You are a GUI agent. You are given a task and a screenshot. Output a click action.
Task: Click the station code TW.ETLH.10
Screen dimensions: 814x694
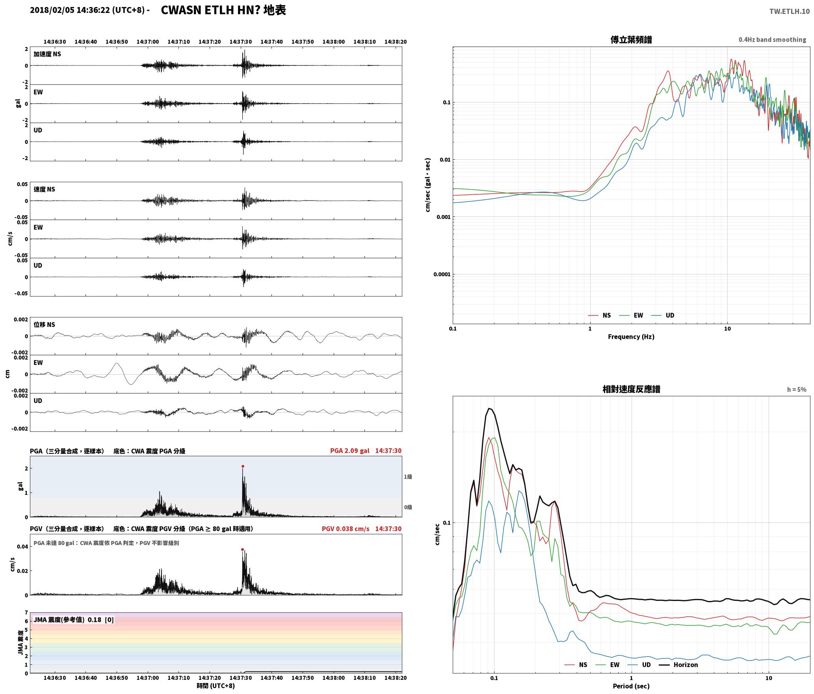pyautogui.click(x=790, y=11)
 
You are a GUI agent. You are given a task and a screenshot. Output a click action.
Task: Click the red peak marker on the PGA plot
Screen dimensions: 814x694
pyautogui.click(x=243, y=466)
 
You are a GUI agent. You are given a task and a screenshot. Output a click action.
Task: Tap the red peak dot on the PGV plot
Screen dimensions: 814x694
pyautogui.click(x=242, y=549)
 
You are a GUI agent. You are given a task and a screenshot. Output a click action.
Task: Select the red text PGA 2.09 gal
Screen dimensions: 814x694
pyautogui.click(x=349, y=451)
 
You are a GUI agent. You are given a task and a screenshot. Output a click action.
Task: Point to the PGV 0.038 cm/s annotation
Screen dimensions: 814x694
pyautogui.click(x=346, y=529)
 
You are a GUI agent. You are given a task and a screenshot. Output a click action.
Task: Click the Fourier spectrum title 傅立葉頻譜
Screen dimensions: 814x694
pyautogui.click(x=631, y=39)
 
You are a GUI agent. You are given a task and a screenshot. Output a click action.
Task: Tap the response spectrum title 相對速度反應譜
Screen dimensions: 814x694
pyautogui.click(x=631, y=389)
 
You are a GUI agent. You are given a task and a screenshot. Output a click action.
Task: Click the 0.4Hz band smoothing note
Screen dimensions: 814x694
pyautogui.click(x=772, y=40)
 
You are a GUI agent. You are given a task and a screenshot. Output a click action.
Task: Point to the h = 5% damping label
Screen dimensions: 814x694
pyautogui.click(x=797, y=390)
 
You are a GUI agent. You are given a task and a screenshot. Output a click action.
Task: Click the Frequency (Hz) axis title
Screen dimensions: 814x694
pyautogui.click(x=631, y=336)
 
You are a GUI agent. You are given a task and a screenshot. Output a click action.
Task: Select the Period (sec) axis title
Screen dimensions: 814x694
pyautogui.click(x=631, y=686)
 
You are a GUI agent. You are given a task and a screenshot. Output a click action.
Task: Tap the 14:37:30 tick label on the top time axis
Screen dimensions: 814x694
pyautogui.click(x=240, y=41)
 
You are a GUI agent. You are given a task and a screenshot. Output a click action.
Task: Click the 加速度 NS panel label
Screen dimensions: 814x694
pyautogui.click(x=47, y=54)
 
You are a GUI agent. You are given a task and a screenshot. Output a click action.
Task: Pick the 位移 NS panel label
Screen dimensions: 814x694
pyautogui.click(x=44, y=325)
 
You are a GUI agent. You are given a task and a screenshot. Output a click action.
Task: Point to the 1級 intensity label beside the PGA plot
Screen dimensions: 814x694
pyautogui.click(x=408, y=477)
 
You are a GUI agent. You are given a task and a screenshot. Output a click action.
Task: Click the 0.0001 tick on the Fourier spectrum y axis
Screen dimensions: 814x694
pyautogui.click(x=442, y=274)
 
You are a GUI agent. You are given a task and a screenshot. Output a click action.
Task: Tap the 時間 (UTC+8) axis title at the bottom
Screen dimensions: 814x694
pyautogui.click(x=216, y=686)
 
